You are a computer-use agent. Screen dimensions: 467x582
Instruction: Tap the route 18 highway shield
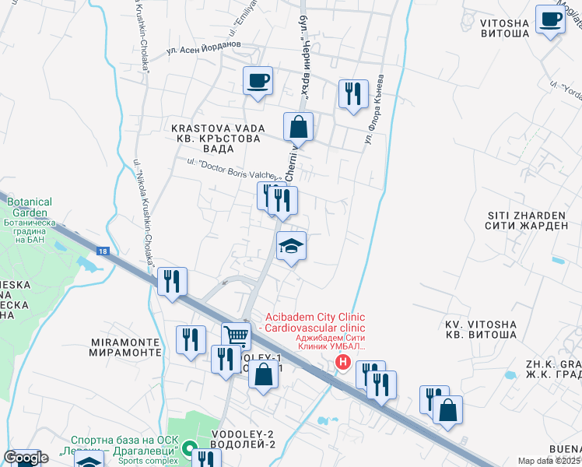[x=103, y=251]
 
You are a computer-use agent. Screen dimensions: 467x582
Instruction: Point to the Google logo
[x=26, y=458]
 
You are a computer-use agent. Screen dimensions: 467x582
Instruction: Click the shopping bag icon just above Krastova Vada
[x=298, y=126]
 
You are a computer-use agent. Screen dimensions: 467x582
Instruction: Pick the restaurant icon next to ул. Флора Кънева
[x=353, y=94]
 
